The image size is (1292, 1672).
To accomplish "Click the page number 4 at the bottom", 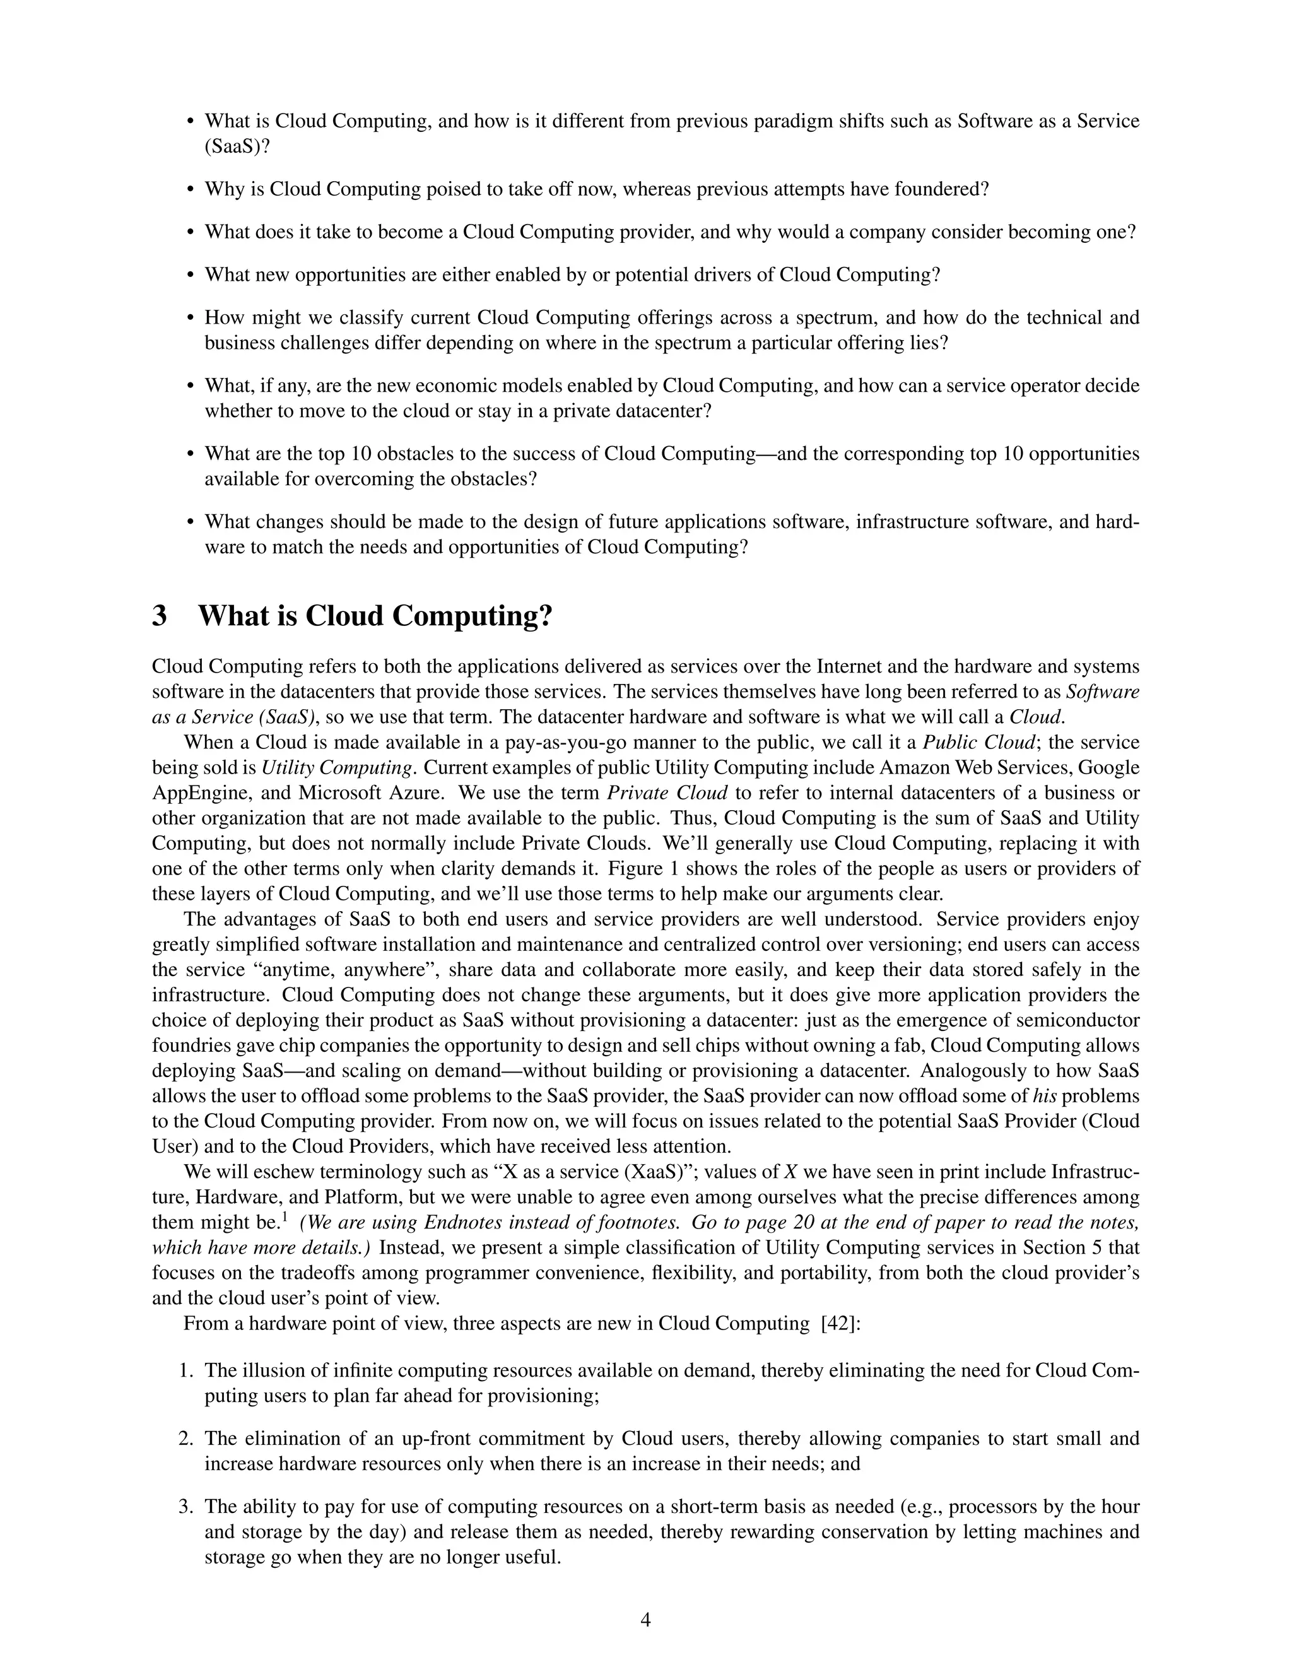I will [x=645, y=1619].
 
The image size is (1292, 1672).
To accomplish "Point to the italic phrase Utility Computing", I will [x=338, y=768].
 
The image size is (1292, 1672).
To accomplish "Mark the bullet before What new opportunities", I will [x=191, y=276].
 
